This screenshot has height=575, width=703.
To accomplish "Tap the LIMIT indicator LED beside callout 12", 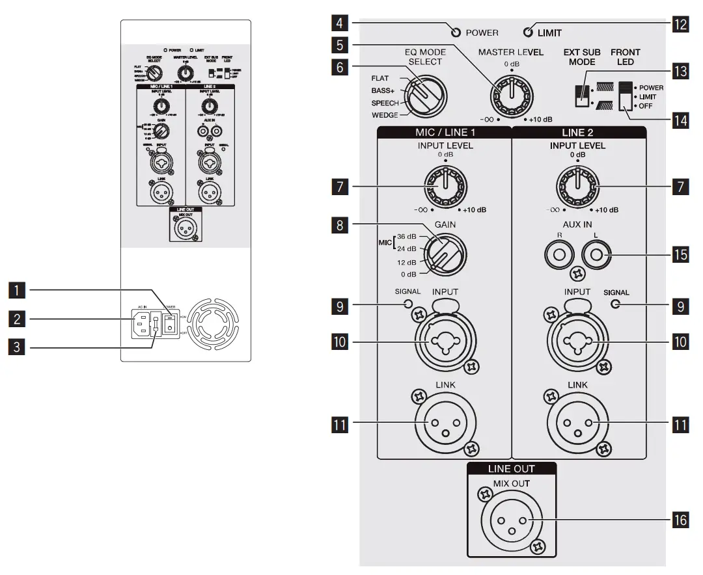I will (x=528, y=32).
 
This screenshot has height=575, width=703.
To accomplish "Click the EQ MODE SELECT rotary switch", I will (x=423, y=96).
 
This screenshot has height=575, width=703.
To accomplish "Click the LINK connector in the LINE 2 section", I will (x=577, y=425).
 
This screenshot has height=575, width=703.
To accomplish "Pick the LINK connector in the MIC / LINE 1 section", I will (x=445, y=425).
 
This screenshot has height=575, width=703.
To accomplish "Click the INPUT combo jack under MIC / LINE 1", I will (x=445, y=339).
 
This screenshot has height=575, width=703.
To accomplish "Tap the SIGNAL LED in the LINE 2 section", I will (x=615, y=304).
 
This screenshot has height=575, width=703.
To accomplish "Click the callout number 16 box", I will (x=679, y=521).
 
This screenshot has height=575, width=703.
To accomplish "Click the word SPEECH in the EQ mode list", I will (x=385, y=103).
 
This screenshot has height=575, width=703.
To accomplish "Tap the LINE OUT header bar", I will (x=511, y=468).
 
